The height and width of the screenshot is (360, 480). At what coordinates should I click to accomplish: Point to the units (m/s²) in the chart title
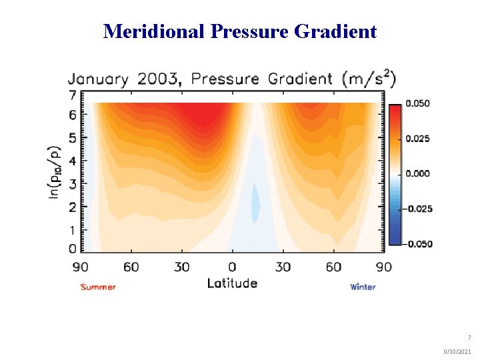coord(369,79)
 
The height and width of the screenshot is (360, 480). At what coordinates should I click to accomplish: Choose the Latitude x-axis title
coord(232,283)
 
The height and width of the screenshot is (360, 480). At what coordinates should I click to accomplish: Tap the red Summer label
coord(98,287)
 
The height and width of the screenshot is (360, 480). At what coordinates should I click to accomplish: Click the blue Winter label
coord(363,287)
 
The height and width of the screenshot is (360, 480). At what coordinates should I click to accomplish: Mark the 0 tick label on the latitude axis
coord(232,267)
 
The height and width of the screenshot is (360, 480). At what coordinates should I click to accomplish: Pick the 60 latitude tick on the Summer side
coord(131,267)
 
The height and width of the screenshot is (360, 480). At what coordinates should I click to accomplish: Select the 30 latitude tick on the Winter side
coord(283,267)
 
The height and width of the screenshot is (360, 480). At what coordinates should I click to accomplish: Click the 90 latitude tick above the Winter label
coord(384,267)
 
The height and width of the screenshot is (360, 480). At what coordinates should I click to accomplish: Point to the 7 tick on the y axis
coord(73,95)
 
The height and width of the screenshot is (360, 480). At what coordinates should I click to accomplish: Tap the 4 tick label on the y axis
coord(73,160)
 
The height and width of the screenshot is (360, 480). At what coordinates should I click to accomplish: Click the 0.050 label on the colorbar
coord(419,103)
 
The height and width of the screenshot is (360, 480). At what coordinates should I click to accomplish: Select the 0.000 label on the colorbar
coord(419,173)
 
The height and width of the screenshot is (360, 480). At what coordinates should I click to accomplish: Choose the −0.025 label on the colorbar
coord(417,209)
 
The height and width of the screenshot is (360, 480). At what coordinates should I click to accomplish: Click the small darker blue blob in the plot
coord(255,203)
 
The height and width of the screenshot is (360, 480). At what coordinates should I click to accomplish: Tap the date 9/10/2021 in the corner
coord(456,351)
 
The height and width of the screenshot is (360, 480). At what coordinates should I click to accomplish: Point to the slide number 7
coord(469,338)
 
